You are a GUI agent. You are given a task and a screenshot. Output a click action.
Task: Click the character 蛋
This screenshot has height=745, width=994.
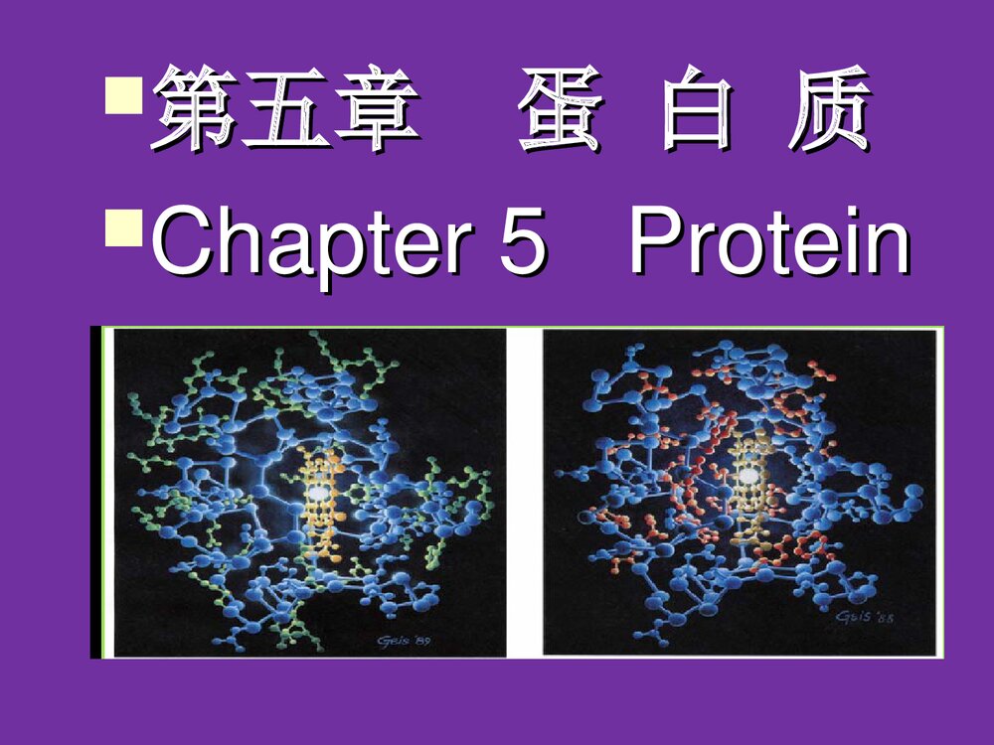pyautogui.click(x=559, y=109)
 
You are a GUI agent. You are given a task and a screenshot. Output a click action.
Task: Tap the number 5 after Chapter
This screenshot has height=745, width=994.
pyautogui.click(x=523, y=243)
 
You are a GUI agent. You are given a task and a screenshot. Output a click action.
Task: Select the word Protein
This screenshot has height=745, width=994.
pyautogui.click(x=769, y=243)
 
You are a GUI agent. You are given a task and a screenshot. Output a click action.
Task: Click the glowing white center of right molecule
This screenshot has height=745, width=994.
pyautogui.click(x=747, y=476)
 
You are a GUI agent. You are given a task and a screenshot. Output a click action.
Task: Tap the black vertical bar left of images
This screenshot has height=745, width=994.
pyautogui.click(x=96, y=492)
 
